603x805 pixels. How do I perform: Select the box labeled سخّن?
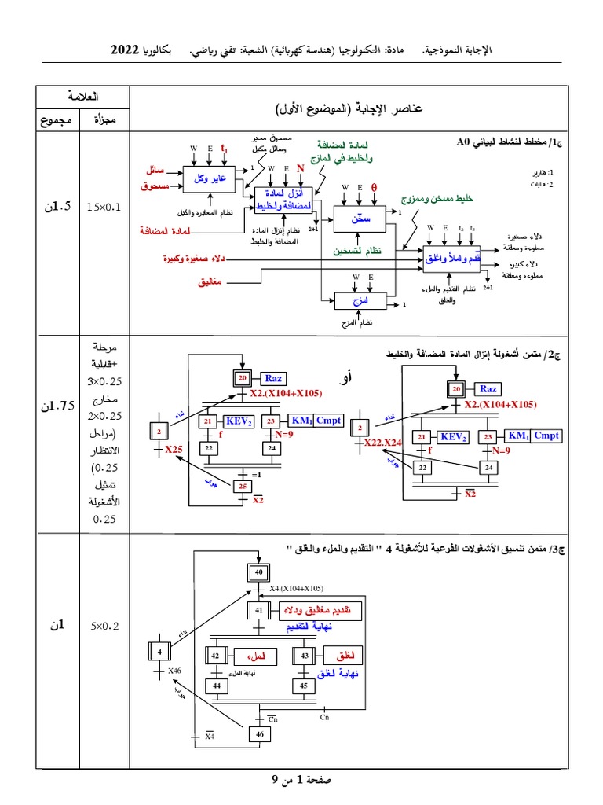point(361,219)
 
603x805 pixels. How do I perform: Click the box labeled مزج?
point(361,301)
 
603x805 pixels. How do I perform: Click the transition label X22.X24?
point(382,443)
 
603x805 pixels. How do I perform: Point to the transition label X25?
point(174,449)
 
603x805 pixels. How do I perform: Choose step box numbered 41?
point(258,610)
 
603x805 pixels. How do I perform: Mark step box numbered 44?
point(217,686)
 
